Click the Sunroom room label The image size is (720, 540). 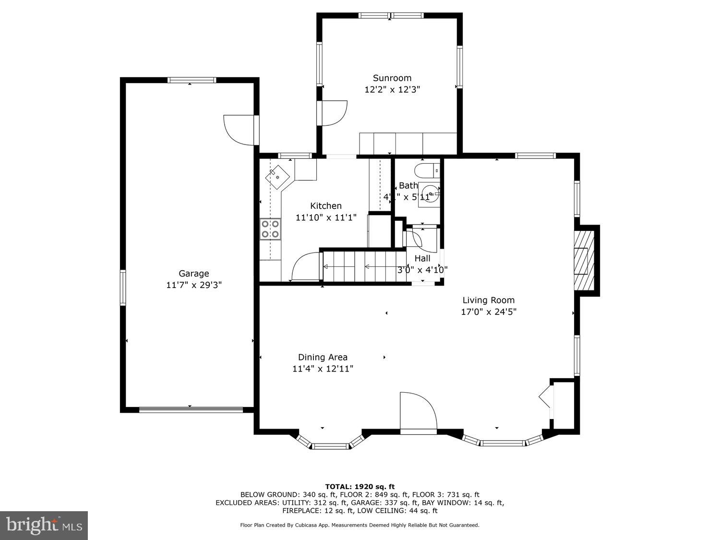pyautogui.click(x=392, y=78)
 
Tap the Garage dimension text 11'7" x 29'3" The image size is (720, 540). pyautogui.click(x=193, y=285)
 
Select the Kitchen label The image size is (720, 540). pyautogui.click(x=326, y=206)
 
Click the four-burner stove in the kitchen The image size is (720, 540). pyautogui.click(x=270, y=229)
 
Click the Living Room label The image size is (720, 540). pyautogui.click(x=488, y=300)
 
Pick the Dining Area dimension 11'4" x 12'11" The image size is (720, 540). pyautogui.click(x=323, y=369)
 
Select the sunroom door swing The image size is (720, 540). pyautogui.click(x=334, y=113)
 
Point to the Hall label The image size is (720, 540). pyautogui.click(x=422, y=258)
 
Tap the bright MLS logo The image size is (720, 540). pyautogui.click(x=44, y=525)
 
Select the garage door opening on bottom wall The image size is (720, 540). pyautogui.click(x=191, y=410)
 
